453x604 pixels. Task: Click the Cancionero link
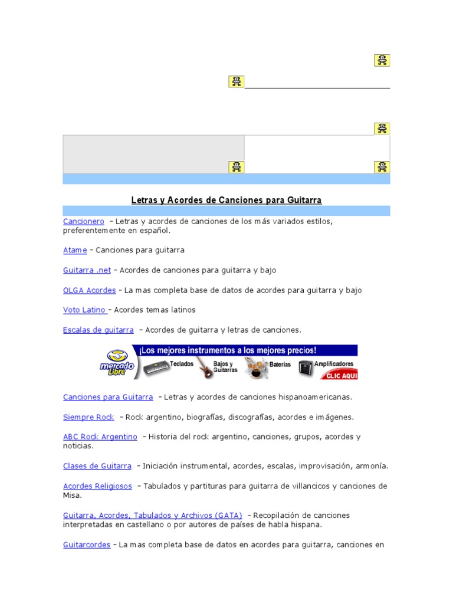pyautogui.click(x=84, y=221)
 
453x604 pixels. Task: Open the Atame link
pyautogui.click(x=75, y=250)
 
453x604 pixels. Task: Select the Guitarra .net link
pyautogui.click(x=87, y=270)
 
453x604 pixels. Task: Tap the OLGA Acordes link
pyautogui.click(x=89, y=290)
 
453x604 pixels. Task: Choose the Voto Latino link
pyautogui.click(x=85, y=310)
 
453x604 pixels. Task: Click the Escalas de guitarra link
pyautogui.click(x=99, y=330)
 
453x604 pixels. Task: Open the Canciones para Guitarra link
pyautogui.click(x=108, y=397)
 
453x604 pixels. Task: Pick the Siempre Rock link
pyautogui.click(x=88, y=417)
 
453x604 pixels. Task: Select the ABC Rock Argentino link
pyautogui.click(x=100, y=437)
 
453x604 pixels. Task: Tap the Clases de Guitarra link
pyautogui.click(x=97, y=466)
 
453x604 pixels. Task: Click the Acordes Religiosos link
pyautogui.click(x=97, y=486)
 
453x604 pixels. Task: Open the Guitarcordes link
pyautogui.click(x=87, y=545)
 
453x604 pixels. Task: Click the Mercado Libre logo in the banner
pyautogui.click(x=117, y=363)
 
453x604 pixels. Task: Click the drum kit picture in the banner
pyautogui.click(x=256, y=368)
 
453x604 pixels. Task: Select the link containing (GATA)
pyautogui.click(x=153, y=515)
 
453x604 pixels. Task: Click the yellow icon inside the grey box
pyautogui.click(x=236, y=167)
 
